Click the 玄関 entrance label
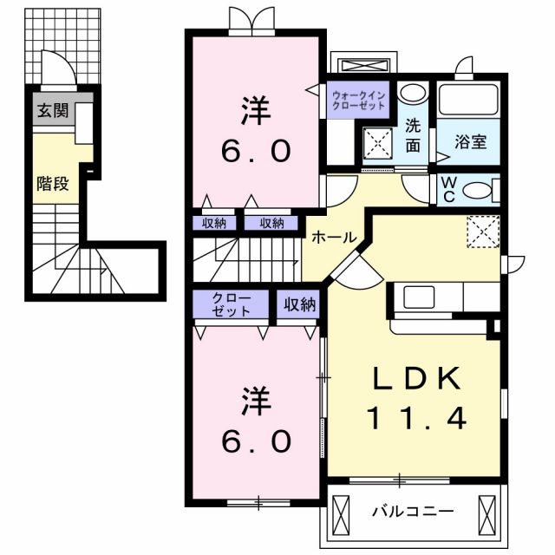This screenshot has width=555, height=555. pos(49,111)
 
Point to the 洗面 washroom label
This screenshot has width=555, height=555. pos(414,136)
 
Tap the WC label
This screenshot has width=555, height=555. pos(451,188)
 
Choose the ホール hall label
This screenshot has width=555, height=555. pos(332,236)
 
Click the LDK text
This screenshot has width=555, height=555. pos(415,379)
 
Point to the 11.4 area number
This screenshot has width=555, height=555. pos(415,420)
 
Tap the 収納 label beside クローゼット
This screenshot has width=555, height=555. pos(297,304)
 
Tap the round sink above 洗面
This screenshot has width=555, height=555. pos(415,94)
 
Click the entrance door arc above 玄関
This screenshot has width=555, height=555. pos(54,68)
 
